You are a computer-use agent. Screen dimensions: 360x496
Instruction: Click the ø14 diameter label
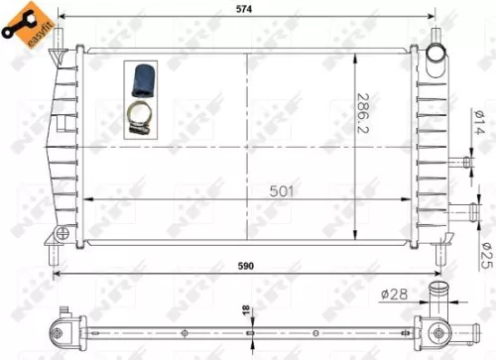(480, 129)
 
